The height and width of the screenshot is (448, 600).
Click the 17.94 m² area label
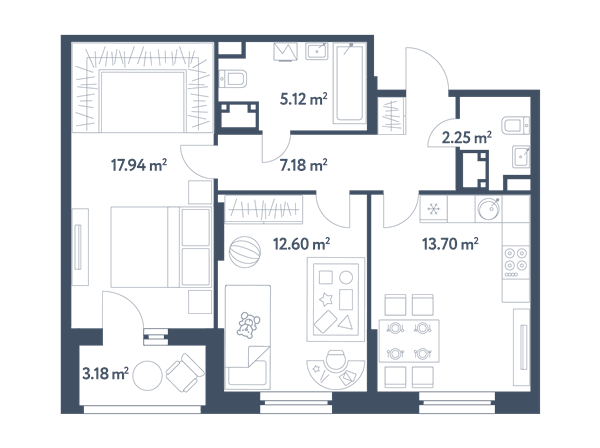139,165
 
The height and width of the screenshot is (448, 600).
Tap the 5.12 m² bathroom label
303,99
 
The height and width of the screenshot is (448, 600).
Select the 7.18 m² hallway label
303,165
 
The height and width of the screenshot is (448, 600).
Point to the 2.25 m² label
466,137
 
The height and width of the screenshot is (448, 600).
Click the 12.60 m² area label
302,244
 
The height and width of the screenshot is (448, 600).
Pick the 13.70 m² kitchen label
450,244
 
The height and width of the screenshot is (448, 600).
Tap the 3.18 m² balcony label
105,373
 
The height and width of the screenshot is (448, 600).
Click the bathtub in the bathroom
348,83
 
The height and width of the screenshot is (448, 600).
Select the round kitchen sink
489,209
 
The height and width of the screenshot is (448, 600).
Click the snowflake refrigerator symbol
433,209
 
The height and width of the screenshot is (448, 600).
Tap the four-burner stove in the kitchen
516,262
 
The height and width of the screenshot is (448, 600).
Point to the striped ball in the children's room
245,251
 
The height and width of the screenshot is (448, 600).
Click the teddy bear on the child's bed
248,324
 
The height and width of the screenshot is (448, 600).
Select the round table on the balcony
147,375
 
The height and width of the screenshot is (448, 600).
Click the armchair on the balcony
185,372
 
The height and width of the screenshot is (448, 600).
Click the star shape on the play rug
326,300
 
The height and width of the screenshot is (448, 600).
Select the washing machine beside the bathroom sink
285,52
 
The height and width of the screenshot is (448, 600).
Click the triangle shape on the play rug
346,323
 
